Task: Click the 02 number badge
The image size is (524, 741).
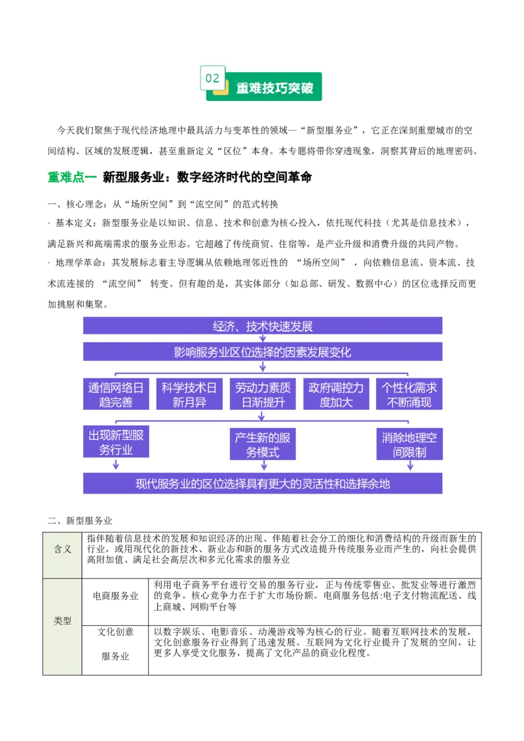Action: click(x=212, y=78)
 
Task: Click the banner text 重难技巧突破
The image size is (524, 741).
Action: click(x=274, y=88)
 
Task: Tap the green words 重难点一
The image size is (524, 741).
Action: click(x=72, y=177)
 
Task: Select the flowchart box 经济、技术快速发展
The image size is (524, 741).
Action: click(x=263, y=326)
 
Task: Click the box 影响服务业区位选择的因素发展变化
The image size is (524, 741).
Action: click(x=263, y=352)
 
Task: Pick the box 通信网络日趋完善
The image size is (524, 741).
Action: click(x=116, y=394)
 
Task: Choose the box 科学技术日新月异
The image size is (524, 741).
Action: click(x=189, y=394)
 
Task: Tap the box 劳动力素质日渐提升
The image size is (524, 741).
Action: click(x=263, y=394)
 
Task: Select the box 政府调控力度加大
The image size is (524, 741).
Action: click(x=336, y=394)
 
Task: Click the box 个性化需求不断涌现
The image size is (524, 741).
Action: click(x=409, y=394)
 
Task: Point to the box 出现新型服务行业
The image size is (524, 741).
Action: click(x=116, y=442)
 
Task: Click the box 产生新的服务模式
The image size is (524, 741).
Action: click(x=263, y=444)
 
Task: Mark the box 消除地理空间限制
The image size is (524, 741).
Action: click(x=409, y=444)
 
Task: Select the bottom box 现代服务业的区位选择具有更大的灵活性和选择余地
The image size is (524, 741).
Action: click(x=263, y=484)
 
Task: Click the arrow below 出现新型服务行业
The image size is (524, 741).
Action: click(x=116, y=465)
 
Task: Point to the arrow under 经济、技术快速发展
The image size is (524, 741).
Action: click(x=263, y=338)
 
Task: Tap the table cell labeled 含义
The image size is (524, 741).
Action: click(x=62, y=549)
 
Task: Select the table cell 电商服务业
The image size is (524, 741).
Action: click(x=115, y=596)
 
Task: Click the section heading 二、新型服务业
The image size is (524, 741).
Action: click(x=80, y=521)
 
